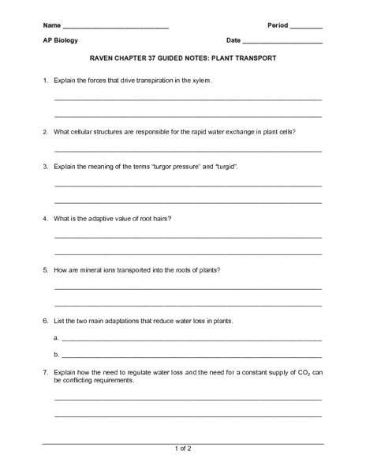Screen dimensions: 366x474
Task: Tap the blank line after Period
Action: coord(307,26)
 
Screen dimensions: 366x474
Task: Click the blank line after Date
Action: coord(283,41)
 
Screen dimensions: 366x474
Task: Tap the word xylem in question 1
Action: coord(200,81)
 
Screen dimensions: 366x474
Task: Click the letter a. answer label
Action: coord(58,338)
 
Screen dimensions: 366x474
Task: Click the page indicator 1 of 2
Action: coord(182,449)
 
